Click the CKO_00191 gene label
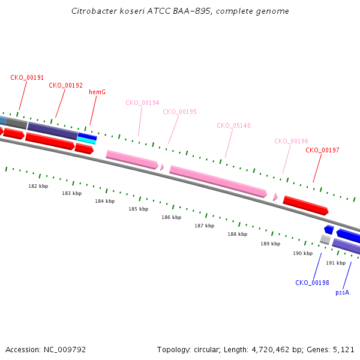point(27,77)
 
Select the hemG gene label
point(97,92)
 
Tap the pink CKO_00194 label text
point(142,103)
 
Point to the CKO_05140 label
point(234,125)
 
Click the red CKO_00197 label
point(322,150)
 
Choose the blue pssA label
point(343,293)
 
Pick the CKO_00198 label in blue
point(312,283)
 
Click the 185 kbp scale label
point(139,209)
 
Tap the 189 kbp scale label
point(271,244)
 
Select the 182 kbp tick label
point(38,186)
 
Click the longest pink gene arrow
point(218,181)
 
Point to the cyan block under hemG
point(86,140)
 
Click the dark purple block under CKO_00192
point(53,131)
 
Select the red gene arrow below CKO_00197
point(305,205)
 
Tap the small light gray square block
point(325,239)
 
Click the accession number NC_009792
point(65,350)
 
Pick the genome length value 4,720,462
point(271,350)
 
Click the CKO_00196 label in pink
point(292,141)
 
